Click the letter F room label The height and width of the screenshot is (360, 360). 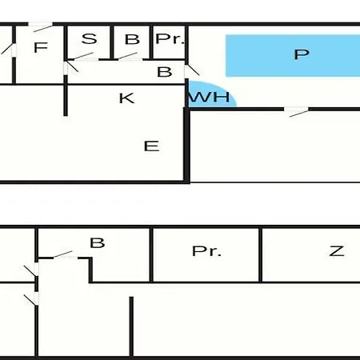pyautogui.click(x=41, y=47)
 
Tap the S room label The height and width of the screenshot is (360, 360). pyautogui.click(x=90, y=38)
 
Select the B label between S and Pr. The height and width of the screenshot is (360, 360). pyautogui.click(x=132, y=39)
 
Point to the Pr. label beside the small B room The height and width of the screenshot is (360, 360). pyautogui.click(x=170, y=38)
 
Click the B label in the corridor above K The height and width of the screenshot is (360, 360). pyautogui.click(x=165, y=72)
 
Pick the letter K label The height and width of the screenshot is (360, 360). pyautogui.click(x=126, y=98)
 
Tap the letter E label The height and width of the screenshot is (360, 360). pyautogui.click(x=151, y=146)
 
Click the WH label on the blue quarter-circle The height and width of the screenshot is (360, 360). pyautogui.click(x=210, y=97)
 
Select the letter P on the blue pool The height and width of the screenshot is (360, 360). pyautogui.click(x=302, y=54)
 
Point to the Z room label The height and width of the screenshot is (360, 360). pyautogui.click(x=337, y=251)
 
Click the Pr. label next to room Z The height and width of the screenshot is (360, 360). pyautogui.click(x=206, y=251)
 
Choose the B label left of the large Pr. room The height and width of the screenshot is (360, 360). pyautogui.click(x=98, y=242)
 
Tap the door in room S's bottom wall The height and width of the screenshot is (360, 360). pyautogui.click(x=82, y=57)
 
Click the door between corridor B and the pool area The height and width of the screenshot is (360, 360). pyautogui.click(x=191, y=70)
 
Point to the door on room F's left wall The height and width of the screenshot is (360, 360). pyautogui.click(x=10, y=50)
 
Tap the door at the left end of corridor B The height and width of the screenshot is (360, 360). pyautogui.click(x=71, y=67)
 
